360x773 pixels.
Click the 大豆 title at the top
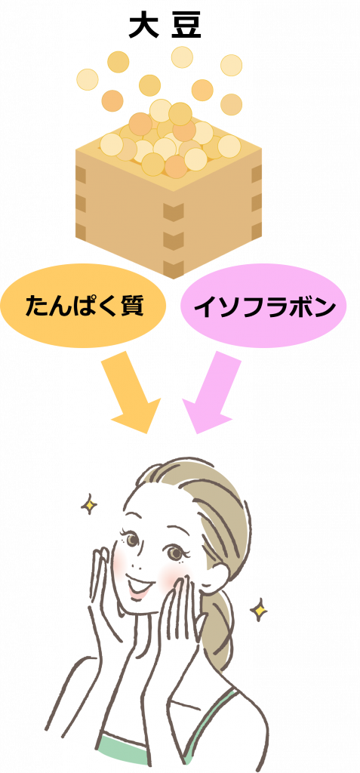point(165,26)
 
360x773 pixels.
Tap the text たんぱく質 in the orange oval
point(85,306)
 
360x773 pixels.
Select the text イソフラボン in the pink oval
point(264,308)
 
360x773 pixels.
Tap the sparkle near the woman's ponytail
point(258,609)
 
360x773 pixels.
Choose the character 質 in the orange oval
point(131,306)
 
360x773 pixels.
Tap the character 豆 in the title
point(187,26)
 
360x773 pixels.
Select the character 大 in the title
point(143,26)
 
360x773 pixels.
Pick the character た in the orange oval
point(37,306)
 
